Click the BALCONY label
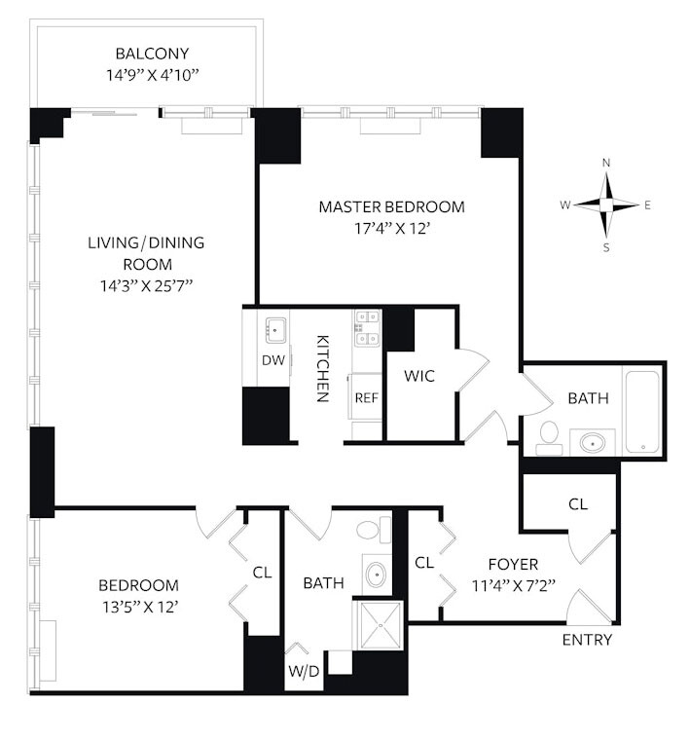152,54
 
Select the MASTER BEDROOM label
391,206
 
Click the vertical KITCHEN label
323,369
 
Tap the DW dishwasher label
272,360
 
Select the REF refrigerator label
365,397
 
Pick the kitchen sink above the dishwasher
273,329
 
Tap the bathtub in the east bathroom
642,411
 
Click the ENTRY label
588,640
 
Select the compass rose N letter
606,163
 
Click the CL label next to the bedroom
262,573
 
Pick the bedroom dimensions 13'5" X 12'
138,606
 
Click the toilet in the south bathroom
370,531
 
